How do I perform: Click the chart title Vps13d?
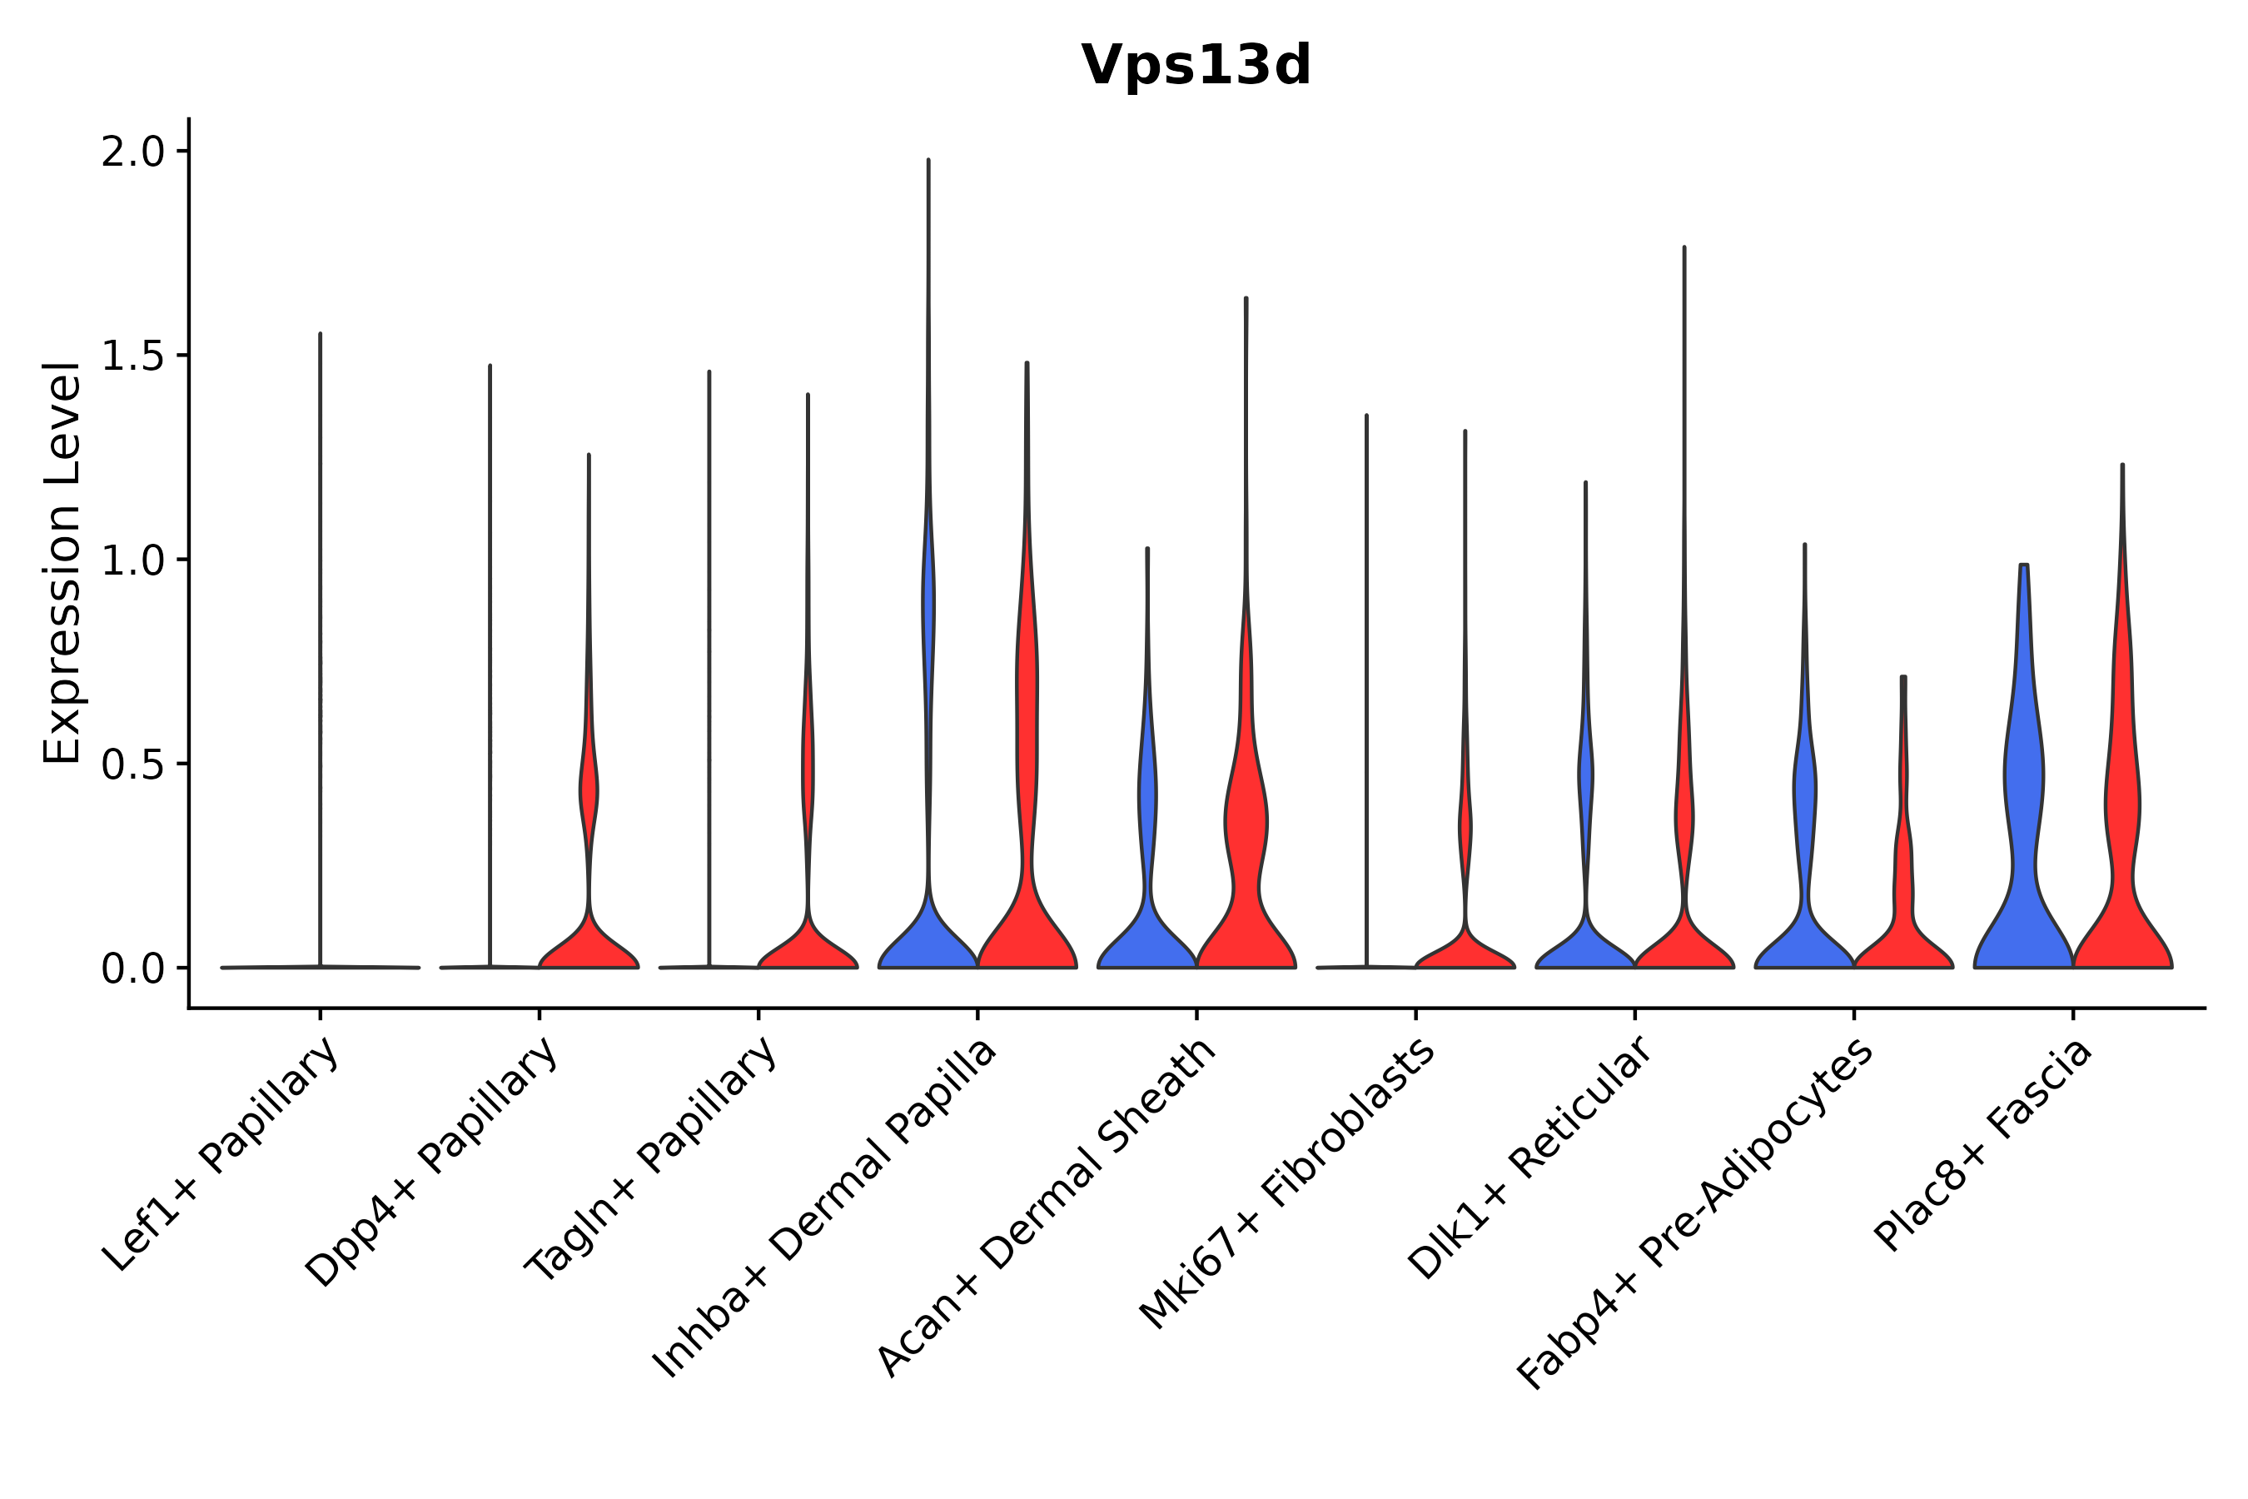pos(1196,66)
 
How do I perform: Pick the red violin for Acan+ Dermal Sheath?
pos(1246,860)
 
